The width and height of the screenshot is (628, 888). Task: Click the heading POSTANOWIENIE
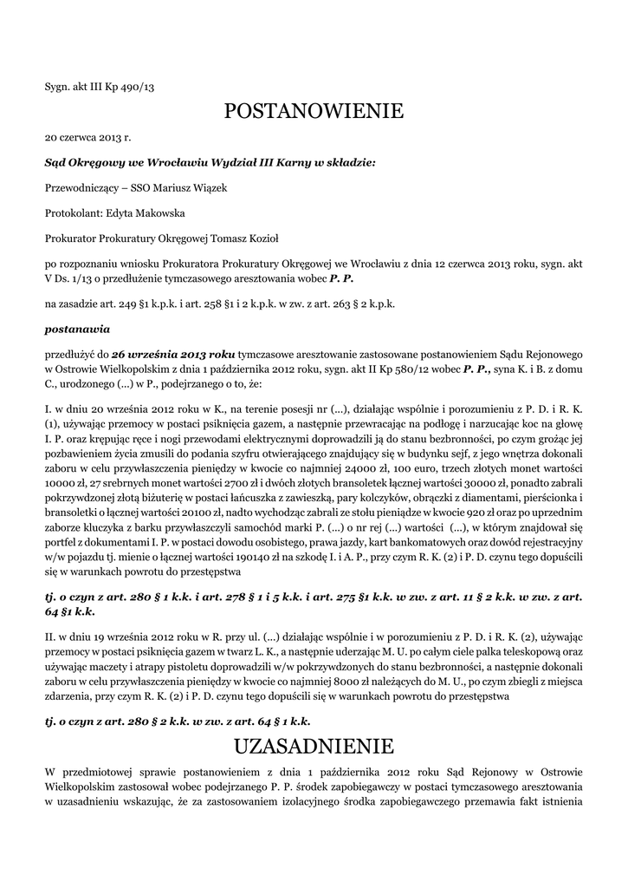click(314, 111)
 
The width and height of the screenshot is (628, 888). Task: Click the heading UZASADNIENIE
click(314, 746)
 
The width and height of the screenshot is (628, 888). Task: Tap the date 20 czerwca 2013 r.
click(87, 137)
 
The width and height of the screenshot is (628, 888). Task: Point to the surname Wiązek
click(207, 187)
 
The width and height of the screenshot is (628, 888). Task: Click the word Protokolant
click(73, 212)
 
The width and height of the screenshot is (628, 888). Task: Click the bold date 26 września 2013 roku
click(173, 355)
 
